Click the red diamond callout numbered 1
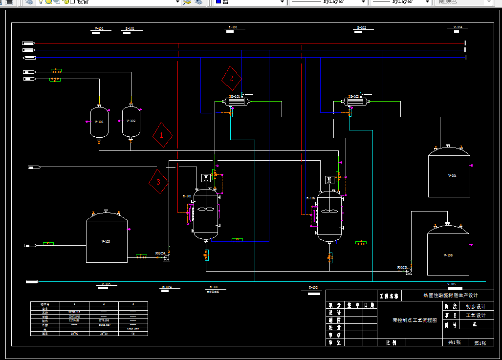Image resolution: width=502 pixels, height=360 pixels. click(x=162, y=135)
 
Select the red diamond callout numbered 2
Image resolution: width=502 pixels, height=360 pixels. click(x=232, y=78)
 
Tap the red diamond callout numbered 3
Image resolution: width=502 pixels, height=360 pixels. click(x=158, y=182)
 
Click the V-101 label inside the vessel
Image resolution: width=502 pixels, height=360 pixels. click(x=99, y=122)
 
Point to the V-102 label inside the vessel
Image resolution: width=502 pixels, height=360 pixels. click(x=131, y=121)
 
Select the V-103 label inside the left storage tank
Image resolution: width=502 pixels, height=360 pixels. click(x=106, y=242)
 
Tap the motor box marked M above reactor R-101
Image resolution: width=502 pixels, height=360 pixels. click(x=206, y=178)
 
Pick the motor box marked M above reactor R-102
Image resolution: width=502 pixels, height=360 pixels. click(x=329, y=180)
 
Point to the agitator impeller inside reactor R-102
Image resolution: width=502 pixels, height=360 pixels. click(x=330, y=212)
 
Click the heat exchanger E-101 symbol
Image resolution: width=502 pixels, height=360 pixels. click(x=237, y=102)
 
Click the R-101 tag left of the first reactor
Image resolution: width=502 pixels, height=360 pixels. click(x=187, y=196)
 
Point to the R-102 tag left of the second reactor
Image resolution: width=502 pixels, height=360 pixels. click(x=310, y=198)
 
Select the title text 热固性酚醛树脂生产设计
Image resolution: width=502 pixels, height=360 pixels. click(x=450, y=296)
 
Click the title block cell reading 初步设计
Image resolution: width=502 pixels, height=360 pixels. click(x=475, y=306)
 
